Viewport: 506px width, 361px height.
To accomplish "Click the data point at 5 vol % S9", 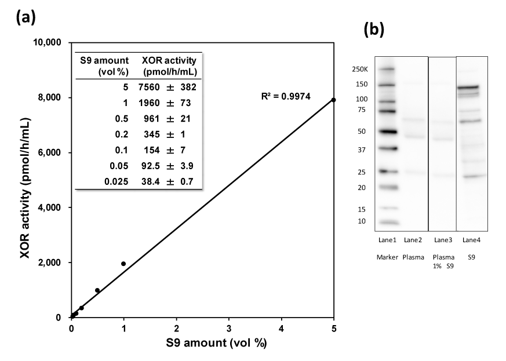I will tap(334, 100).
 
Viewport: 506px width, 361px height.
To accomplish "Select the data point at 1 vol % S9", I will tap(123, 264).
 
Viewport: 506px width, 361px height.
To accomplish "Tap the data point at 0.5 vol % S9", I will tap(97, 290).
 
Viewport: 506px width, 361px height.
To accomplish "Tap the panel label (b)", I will tap(374, 30).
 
